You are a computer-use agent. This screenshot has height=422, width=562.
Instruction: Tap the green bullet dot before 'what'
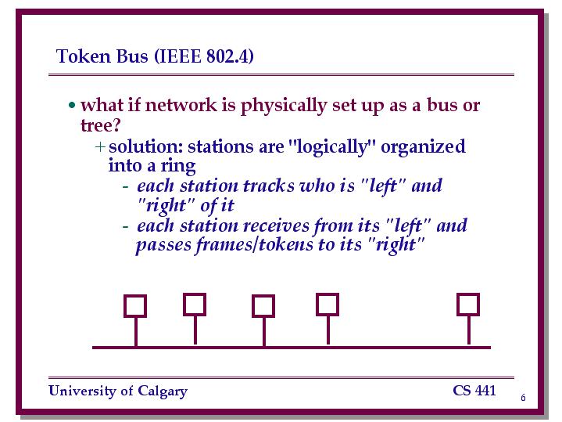(x=72, y=105)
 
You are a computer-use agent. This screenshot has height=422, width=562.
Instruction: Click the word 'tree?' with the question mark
(x=101, y=125)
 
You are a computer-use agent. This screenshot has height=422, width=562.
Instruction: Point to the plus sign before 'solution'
(x=100, y=146)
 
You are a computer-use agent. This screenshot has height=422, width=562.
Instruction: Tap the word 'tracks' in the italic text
(x=269, y=186)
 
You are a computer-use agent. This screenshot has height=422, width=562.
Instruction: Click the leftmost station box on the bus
(x=135, y=306)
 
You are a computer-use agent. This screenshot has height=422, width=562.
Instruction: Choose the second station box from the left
(x=195, y=305)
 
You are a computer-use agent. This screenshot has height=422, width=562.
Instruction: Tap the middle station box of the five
(x=263, y=306)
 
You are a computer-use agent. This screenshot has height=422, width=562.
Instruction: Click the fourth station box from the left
(x=328, y=305)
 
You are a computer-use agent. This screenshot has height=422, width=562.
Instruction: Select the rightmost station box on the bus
(x=468, y=305)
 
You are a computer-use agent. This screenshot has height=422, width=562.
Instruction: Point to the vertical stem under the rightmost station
(x=469, y=330)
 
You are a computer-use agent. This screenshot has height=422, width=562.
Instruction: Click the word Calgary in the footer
(x=163, y=391)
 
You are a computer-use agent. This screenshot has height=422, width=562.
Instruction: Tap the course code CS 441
(x=474, y=391)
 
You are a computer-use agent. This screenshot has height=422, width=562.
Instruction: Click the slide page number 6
(x=523, y=398)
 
